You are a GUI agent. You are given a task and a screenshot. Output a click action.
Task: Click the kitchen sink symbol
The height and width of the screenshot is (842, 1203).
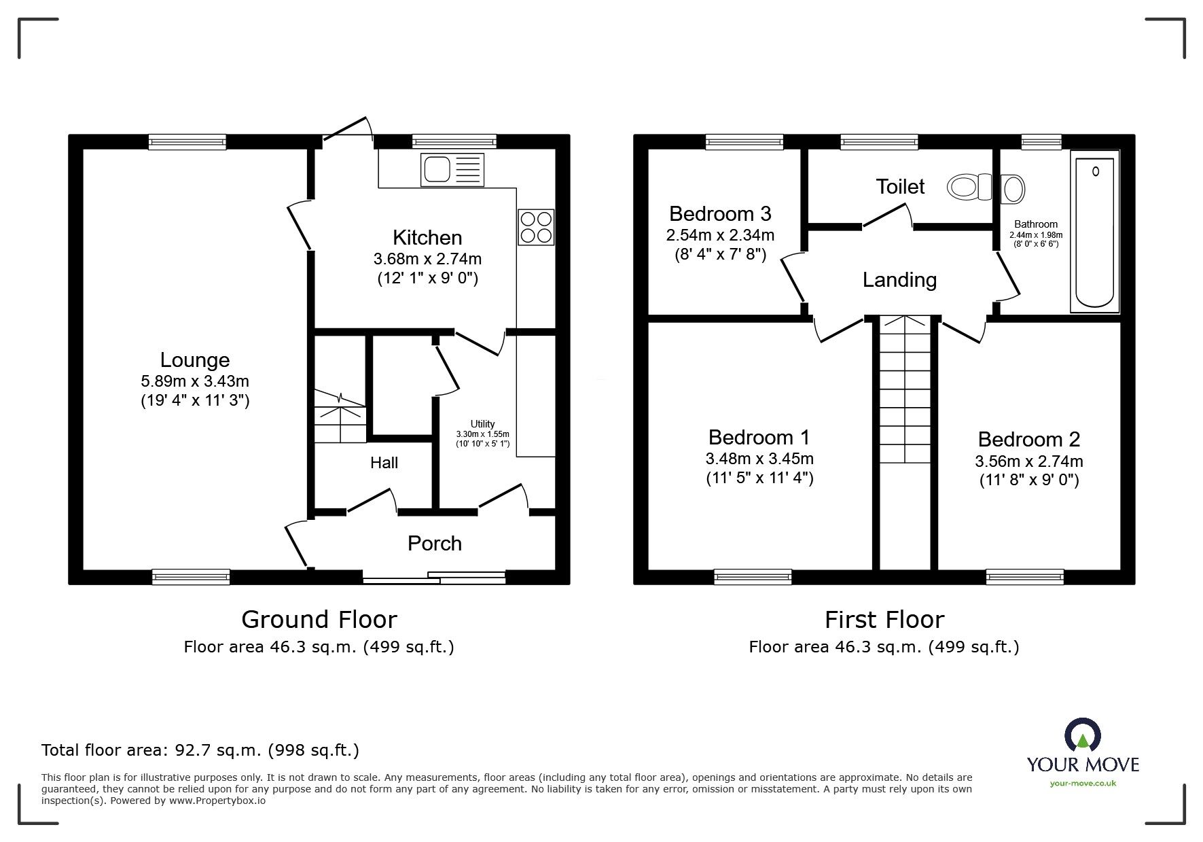click(x=452, y=169)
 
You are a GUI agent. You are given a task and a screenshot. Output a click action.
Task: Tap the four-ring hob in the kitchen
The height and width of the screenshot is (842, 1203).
click(x=536, y=227)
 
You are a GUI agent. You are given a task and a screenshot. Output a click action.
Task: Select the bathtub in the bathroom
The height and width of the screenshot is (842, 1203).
click(x=1094, y=231)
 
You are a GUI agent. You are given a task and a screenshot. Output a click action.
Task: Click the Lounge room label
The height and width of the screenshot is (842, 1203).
click(x=195, y=360)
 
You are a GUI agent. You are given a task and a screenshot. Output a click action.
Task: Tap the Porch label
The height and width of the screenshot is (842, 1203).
click(x=435, y=543)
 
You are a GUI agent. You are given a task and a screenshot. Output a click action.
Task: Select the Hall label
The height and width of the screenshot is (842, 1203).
click(x=384, y=463)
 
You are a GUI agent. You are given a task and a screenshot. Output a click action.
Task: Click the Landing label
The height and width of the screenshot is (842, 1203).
click(x=899, y=280)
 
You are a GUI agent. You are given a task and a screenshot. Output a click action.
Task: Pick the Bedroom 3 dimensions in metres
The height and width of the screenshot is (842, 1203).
click(x=720, y=235)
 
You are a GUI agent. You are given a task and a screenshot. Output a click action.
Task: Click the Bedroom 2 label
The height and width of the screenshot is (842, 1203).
click(x=1029, y=439)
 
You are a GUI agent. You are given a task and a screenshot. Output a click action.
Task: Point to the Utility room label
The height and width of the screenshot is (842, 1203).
click(x=483, y=424)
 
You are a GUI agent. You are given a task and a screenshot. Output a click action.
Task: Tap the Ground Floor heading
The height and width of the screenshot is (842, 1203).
click(x=319, y=619)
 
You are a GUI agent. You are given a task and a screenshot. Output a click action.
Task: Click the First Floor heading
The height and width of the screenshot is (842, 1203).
click(x=884, y=619)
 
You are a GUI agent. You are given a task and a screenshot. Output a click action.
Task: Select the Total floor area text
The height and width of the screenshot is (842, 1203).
click(x=200, y=750)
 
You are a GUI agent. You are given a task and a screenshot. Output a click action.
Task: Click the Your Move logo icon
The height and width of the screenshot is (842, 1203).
click(x=1083, y=735)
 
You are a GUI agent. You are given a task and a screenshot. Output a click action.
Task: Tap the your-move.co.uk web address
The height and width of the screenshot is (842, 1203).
click(x=1083, y=784)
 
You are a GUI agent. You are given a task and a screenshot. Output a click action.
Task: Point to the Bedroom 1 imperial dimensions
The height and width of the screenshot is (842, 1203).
click(x=759, y=478)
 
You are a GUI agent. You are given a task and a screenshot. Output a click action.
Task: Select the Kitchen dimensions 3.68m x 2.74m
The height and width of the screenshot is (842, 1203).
click(x=427, y=259)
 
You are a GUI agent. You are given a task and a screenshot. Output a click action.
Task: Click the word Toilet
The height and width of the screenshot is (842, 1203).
click(x=900, y=186)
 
